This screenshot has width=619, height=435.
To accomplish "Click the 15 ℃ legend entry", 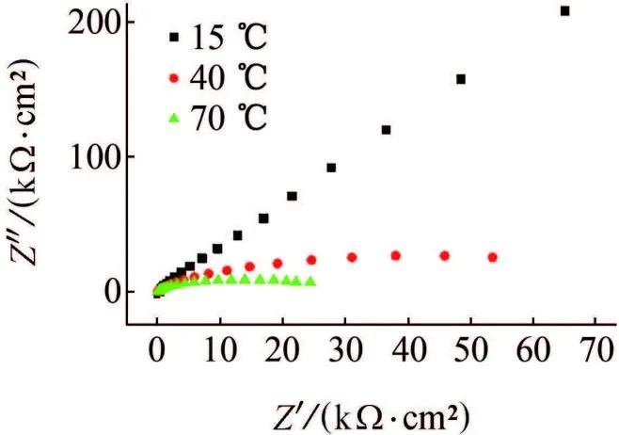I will click(x=217, y=39).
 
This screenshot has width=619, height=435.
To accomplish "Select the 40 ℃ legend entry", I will click(x=217, y=80).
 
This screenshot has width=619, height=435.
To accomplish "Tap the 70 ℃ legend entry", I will click(x=217, y=121).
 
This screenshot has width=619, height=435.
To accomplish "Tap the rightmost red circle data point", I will click(x=491, y=257).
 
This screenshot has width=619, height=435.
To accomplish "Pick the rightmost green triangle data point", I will click(x=310, y=282).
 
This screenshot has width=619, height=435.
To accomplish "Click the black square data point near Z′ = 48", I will click(x=460, y=79).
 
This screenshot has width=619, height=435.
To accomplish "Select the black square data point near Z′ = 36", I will click(x=385, y=130).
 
